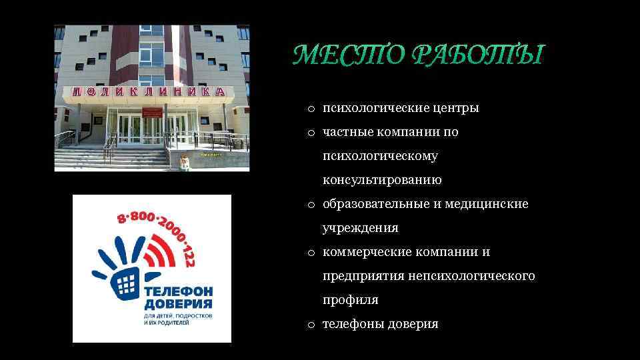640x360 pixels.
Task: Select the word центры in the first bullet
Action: [x=455, y=108]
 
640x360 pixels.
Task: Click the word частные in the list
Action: [x=347, y=132]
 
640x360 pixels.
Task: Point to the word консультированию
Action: [x=382, y=180]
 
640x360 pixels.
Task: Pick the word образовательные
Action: [x=377, y=204]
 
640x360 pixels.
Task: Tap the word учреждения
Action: [x=360, y=228]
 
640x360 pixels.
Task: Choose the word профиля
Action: [x=350, y=300]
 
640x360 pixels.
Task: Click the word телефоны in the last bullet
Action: [x=352, y=324]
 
